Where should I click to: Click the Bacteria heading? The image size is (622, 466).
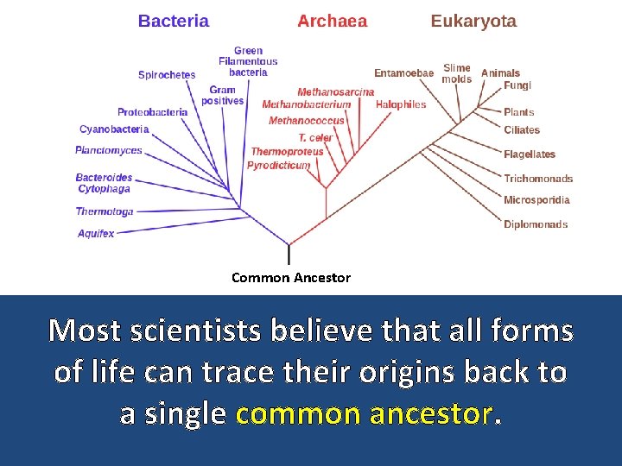[x=174, y=22]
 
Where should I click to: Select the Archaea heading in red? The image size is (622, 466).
[x=332, y=22]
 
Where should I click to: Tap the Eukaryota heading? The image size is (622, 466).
[x=473, y=22]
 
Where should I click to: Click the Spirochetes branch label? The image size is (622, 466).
[x=167, y=75]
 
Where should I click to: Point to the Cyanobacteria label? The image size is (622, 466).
[x=114, y=129]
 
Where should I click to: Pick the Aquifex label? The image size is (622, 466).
[x=96, y=234]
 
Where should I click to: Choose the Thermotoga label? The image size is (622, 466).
[x=105, y=211]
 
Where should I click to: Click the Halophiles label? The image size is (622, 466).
[x=401, y=104]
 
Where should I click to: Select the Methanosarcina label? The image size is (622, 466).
[x=336, y=92]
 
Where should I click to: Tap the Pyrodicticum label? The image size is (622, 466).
[x=278, y=165]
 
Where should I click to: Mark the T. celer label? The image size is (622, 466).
[x=315, y=138]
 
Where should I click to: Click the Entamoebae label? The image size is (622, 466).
[x=403, y=73]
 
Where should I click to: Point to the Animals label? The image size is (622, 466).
[x=500, y=73]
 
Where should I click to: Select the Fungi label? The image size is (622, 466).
[x=517, y=86]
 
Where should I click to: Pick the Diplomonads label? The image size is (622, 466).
[x=536, y=224]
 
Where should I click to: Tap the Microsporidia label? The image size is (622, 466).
[x=536, y=200]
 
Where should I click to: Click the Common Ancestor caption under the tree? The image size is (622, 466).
[x=291, y=278]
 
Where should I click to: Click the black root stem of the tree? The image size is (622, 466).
[x=289, y=255]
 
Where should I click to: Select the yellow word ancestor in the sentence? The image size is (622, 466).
[x=429, y=413]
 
